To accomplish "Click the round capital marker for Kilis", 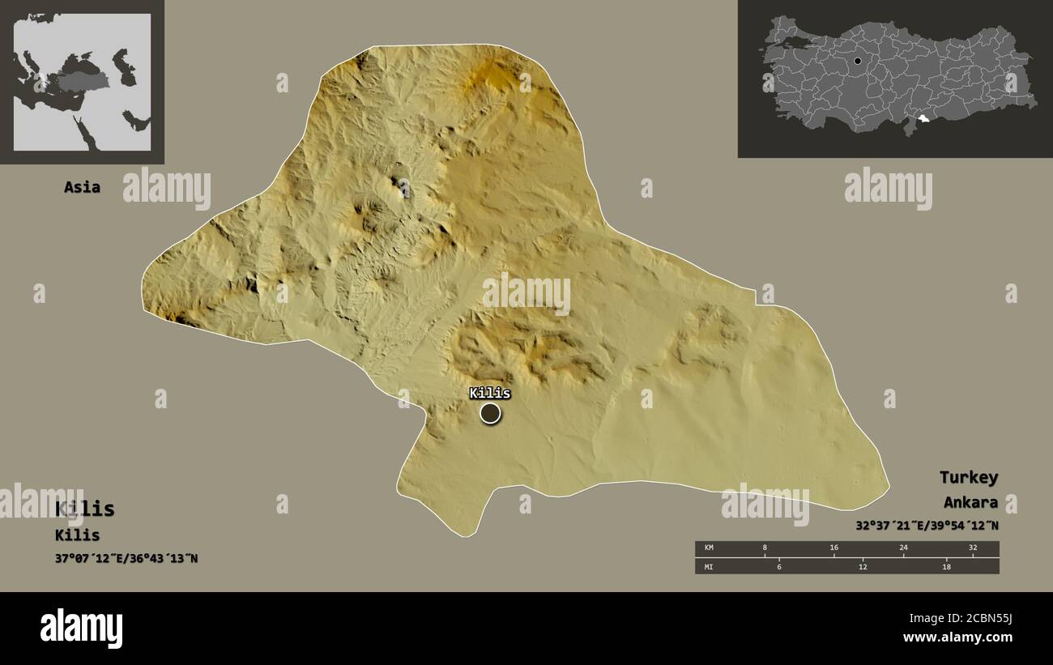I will click(490, 414).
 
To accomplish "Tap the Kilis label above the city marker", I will click(490, 393).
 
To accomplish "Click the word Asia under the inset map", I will click(83, 187).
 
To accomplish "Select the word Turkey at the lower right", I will click(968, 477).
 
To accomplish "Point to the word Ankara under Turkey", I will click(970, 502).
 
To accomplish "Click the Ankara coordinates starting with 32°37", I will click(927, 526).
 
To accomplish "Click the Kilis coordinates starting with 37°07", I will click(126, 558).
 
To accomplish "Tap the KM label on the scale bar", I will click(709, 548).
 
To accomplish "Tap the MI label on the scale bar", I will click(709, 566).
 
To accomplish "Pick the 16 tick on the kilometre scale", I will click(833, 548).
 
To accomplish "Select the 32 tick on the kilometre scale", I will click(973, 548).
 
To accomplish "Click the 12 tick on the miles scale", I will click(863, 566).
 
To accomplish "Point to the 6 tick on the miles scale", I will click(779, 566).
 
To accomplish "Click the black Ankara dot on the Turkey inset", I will click(858, 61).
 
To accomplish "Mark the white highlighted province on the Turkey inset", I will click(923, 121).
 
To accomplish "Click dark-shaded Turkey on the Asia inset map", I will click(83, 82).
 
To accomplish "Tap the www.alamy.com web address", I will click(957, 637).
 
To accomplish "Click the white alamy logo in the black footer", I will click(81, 629).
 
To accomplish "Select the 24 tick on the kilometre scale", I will click(903, 548).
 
